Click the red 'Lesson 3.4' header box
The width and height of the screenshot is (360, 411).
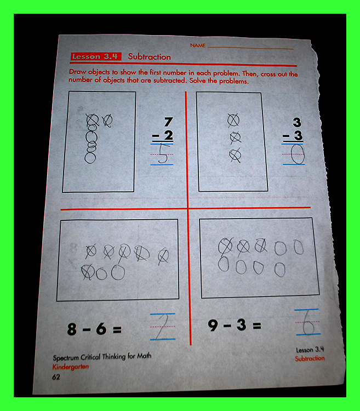(x=96, y=56)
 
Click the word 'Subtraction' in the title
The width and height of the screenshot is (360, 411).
(x=150, y=56)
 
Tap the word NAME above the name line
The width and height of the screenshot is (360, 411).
(x=198, y=45)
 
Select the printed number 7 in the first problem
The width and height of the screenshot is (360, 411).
(x=168, y=122)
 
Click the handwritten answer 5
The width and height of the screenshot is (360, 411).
(x=163, y=153)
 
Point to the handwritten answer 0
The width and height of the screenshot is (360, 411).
(x=298, y=155)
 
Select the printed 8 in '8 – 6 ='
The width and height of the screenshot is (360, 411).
(x=72, y=329)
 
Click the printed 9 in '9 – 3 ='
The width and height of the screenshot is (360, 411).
(x=213, y=326)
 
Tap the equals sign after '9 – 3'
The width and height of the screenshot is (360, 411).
(x=257, y=326)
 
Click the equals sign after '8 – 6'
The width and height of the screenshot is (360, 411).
(x=117, y=329)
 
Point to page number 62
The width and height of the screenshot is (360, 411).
(x=56, y=377)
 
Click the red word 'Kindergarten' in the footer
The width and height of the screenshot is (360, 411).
(x=71, y=367)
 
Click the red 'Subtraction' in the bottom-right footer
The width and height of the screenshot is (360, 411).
(x=310, y=358)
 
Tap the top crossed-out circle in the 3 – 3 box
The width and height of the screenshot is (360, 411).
(x=233, y=121)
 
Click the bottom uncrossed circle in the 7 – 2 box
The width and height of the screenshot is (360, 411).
(x=90, y=158)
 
